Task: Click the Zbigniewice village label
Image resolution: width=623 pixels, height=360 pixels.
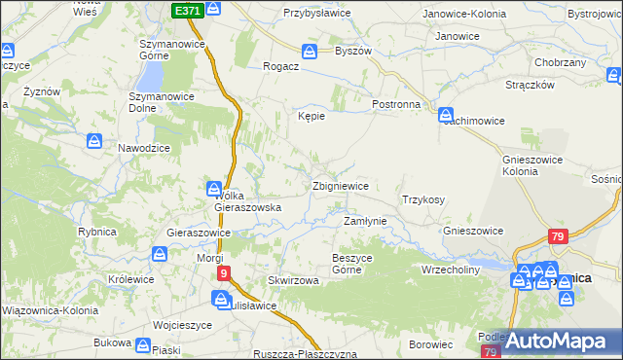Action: (340, 185)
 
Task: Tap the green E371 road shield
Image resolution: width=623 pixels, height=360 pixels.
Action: (189, 10)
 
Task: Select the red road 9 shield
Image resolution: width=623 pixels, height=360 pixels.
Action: (223, 273)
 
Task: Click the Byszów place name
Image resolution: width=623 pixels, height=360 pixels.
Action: (353, 52)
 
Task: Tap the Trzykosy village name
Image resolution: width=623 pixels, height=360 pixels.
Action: (423, 199)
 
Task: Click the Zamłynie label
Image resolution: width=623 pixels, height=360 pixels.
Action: (366, 221)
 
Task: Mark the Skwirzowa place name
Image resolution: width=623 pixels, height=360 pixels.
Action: (294, 280)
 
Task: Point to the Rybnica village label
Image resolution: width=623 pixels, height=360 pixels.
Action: (97, 232)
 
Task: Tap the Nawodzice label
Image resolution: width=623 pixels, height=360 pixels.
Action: (144, 147)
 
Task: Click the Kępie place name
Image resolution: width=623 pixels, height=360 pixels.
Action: (311, 116)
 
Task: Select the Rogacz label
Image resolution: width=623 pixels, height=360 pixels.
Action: (279, 67)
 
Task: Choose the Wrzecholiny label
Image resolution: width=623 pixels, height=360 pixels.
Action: (451, 270)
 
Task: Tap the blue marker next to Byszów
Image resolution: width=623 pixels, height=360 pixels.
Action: (310, 52)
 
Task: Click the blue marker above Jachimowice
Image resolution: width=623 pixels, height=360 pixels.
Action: (446, 114)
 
